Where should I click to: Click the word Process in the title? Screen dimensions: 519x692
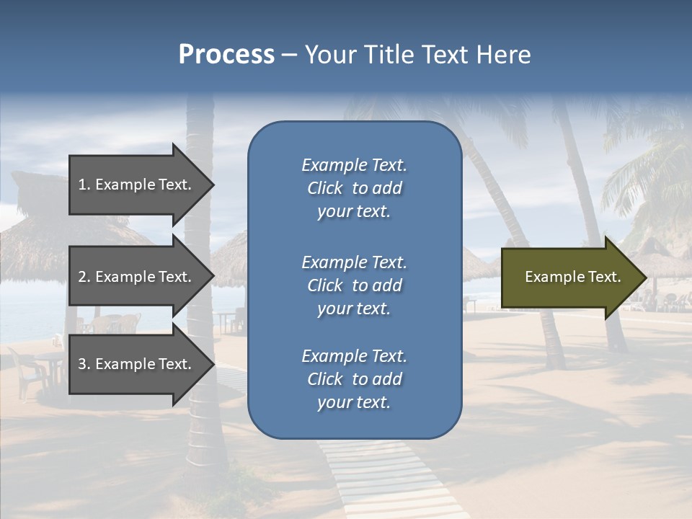coord(226,55)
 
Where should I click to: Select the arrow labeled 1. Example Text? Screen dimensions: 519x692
coord(137,185)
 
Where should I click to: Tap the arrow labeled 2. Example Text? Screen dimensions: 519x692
coord(137,277)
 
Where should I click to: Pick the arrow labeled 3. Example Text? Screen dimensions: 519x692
coord(137,364)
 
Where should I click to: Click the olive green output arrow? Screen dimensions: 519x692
coord(569,277)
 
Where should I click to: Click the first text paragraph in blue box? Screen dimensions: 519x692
coord(354,188)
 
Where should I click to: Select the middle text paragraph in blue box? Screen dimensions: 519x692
coord(354,285)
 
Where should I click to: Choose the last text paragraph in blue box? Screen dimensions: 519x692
coord(354,379)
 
